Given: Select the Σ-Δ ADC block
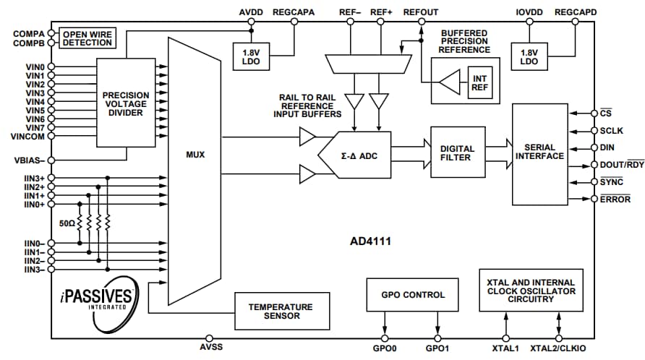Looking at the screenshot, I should tap(359, 155).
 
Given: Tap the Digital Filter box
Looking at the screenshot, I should tap(457, 153).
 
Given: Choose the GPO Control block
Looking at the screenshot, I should tap(413, 295).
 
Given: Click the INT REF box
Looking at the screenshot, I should tap(479, 83).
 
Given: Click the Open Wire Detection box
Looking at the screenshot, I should tap(87, 38).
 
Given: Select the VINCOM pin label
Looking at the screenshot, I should tap(28, 137).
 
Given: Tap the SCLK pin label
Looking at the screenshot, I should tap(612, 131).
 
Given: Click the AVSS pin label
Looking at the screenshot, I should tap(209, 349).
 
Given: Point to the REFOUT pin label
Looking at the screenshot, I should tap(420, 12).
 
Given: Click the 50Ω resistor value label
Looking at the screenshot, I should tap(68, 223).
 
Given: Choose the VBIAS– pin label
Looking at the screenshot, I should tap(30, 160).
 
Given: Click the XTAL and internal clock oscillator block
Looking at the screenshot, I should tap(531, 290).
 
